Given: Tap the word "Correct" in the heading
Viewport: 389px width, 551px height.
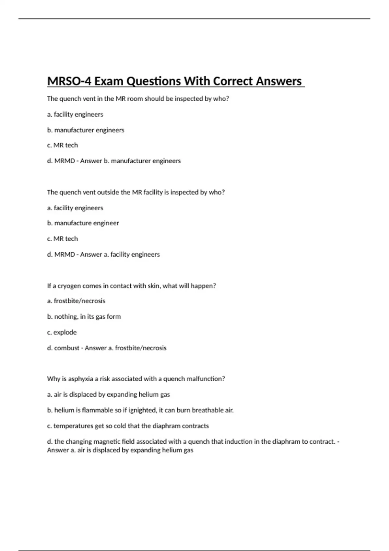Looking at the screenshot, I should (233, 81).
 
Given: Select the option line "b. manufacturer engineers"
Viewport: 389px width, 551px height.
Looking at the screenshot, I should (86, 130).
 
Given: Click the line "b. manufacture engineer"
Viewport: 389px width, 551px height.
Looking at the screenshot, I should (83, 223).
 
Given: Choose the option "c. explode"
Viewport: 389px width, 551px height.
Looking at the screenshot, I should (62, 332).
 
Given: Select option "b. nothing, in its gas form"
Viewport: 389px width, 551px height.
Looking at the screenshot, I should (84, 317).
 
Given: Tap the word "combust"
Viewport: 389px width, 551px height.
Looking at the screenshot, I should (67, 348).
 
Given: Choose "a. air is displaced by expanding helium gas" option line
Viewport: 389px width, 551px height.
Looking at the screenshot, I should (108, 394).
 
